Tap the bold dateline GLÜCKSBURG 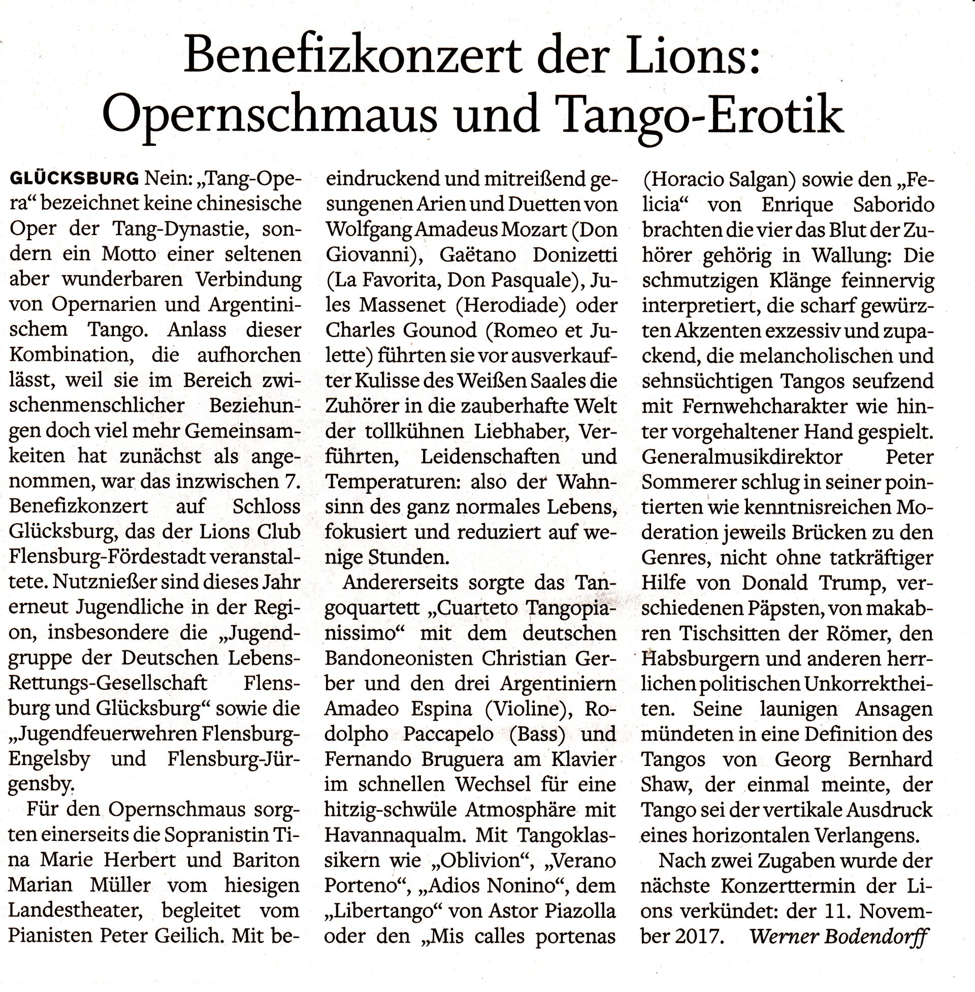[x=74, y=179]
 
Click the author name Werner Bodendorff [x=838, y=936]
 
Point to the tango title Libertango [x=385, y=911]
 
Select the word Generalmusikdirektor [x=742, y=456]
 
